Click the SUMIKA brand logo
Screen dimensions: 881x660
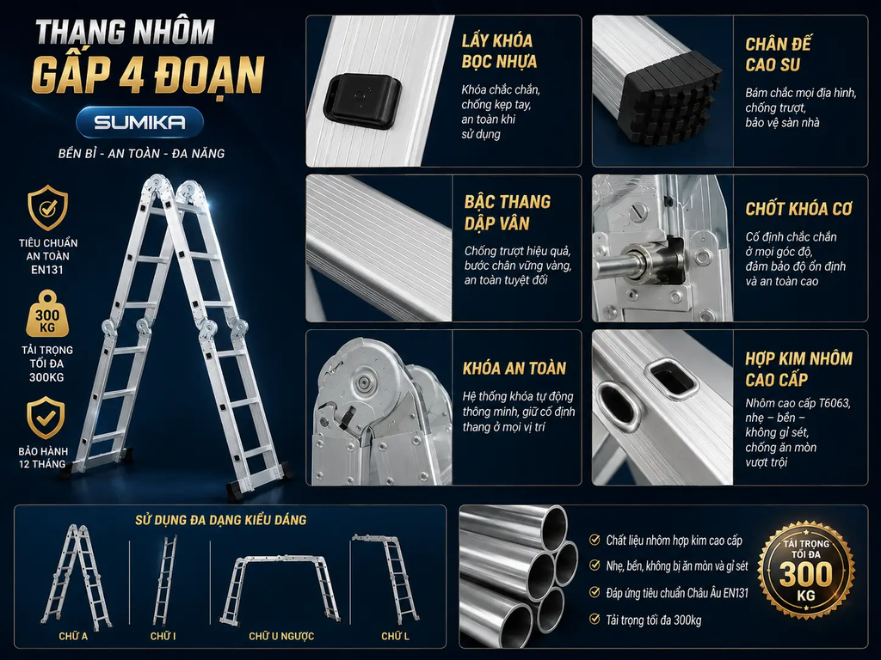pyautogui.click(x=140, y=122)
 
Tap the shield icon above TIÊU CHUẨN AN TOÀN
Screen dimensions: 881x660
pyautogui.click(x=48, y=208)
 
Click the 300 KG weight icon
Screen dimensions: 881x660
pyautogui.click(x=47, y=315)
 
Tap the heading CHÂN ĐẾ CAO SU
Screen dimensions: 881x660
pyautogui.click(x=778, y=54)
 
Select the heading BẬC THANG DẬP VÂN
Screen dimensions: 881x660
pyautogui.click(x=508, y=213)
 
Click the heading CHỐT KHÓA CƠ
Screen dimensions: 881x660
pyautogui.click(x=798, y=209)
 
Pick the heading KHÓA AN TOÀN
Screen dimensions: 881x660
pyautogui.click(x=514, y=368)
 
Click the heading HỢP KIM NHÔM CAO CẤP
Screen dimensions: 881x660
pyautogui.click(x=798, y=369)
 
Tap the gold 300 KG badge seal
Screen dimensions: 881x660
pyautogui.click(x=805, y=571)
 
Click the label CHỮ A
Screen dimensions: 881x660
pyautogui.click(x=73, y=636)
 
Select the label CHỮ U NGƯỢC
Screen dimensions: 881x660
pyautogui.click(x=281, y=636)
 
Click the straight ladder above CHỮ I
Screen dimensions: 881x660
pyautogui.click(x=164, y=580)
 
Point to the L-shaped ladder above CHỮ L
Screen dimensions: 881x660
pyautogui.click(x=388, y=578)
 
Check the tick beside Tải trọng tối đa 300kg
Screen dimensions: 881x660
pyautogui.click(x=595, y=619)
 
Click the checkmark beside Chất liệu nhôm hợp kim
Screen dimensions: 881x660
pyautogui.click(x=595, y=540)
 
